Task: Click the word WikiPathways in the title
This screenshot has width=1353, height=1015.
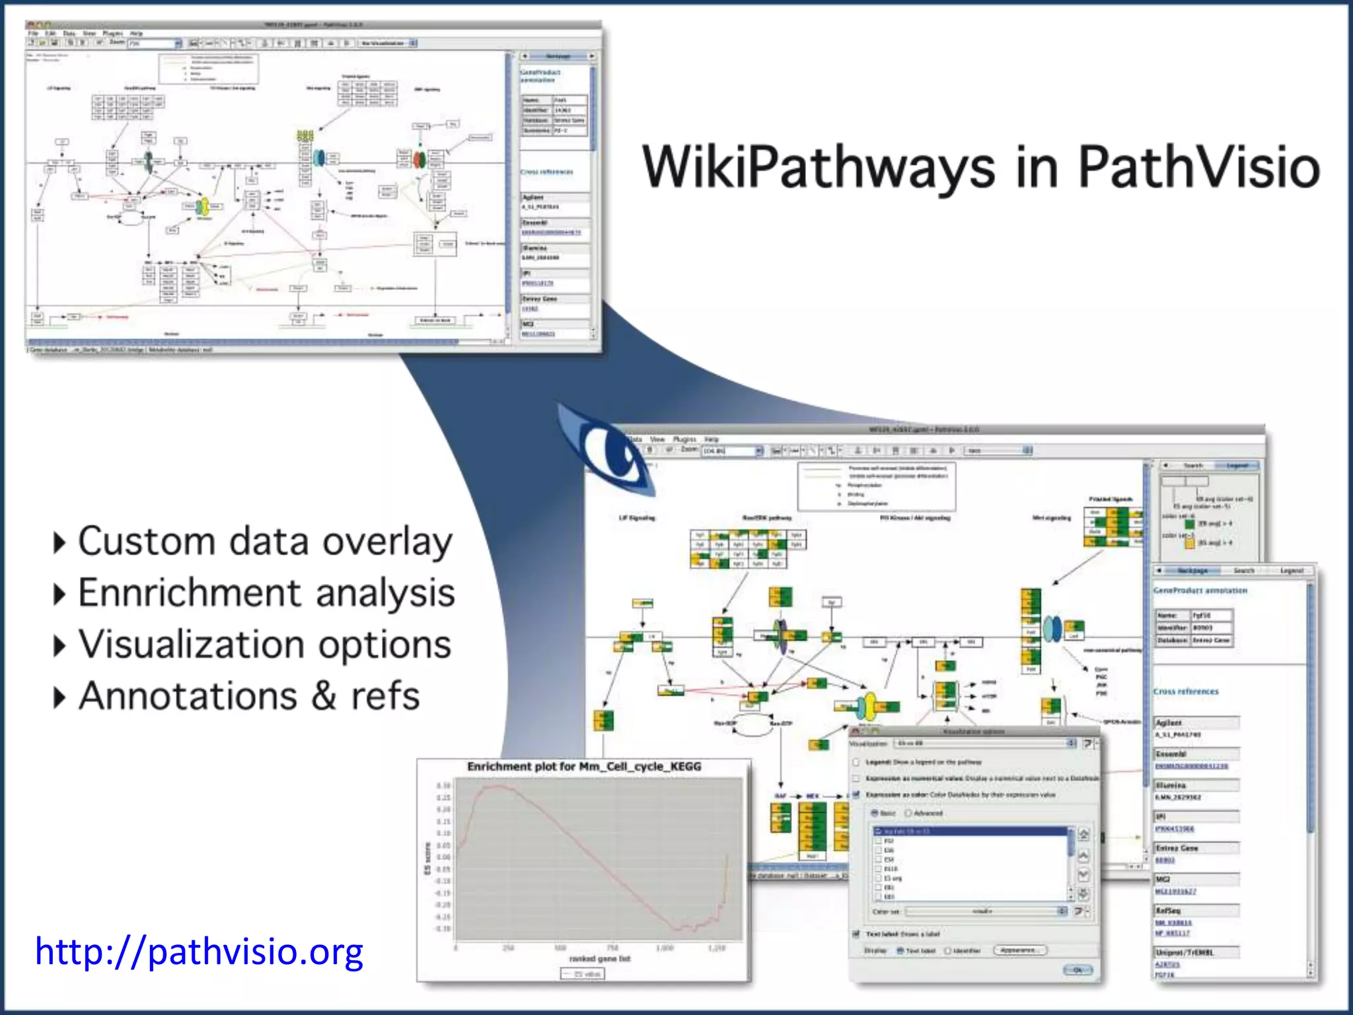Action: click(818, 167)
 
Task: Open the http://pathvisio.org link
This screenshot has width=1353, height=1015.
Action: click(199, 952)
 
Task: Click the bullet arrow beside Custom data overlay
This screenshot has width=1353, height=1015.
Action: click(59, 543)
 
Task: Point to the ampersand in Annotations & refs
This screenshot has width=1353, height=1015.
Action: click(324, 696)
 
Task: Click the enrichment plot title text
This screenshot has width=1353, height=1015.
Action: click(584, 767)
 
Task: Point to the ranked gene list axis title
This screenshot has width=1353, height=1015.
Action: click(599, 958)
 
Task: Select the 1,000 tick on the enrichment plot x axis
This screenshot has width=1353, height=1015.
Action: click(665, 948)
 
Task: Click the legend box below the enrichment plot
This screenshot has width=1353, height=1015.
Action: click(582, 974)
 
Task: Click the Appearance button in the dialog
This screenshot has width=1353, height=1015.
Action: click(1019, 950)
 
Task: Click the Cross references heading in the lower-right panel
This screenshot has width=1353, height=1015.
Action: click(1186, 691)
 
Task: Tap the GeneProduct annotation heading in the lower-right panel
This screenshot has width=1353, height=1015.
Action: click(1200, 590)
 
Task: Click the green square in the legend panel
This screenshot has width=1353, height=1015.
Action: click(1190, 524)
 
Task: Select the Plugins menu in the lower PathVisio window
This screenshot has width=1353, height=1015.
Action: click(684, 439)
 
